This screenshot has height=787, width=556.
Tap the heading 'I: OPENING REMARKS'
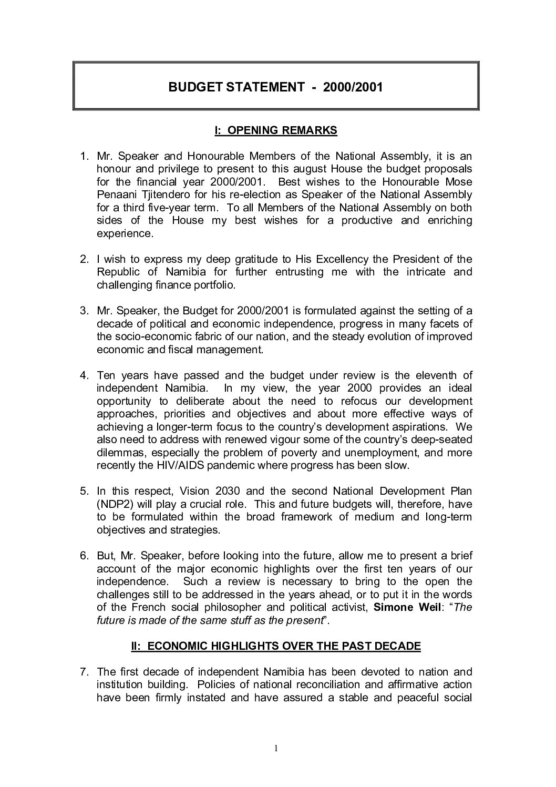click(275, 130)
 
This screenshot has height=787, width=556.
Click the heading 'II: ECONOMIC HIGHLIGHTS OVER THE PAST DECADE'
click(275, 646)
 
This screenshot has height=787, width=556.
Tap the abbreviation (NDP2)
click(114, 504)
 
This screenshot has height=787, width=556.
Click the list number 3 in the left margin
click(84, 311)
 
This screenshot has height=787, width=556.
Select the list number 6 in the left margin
click(84, 556)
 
